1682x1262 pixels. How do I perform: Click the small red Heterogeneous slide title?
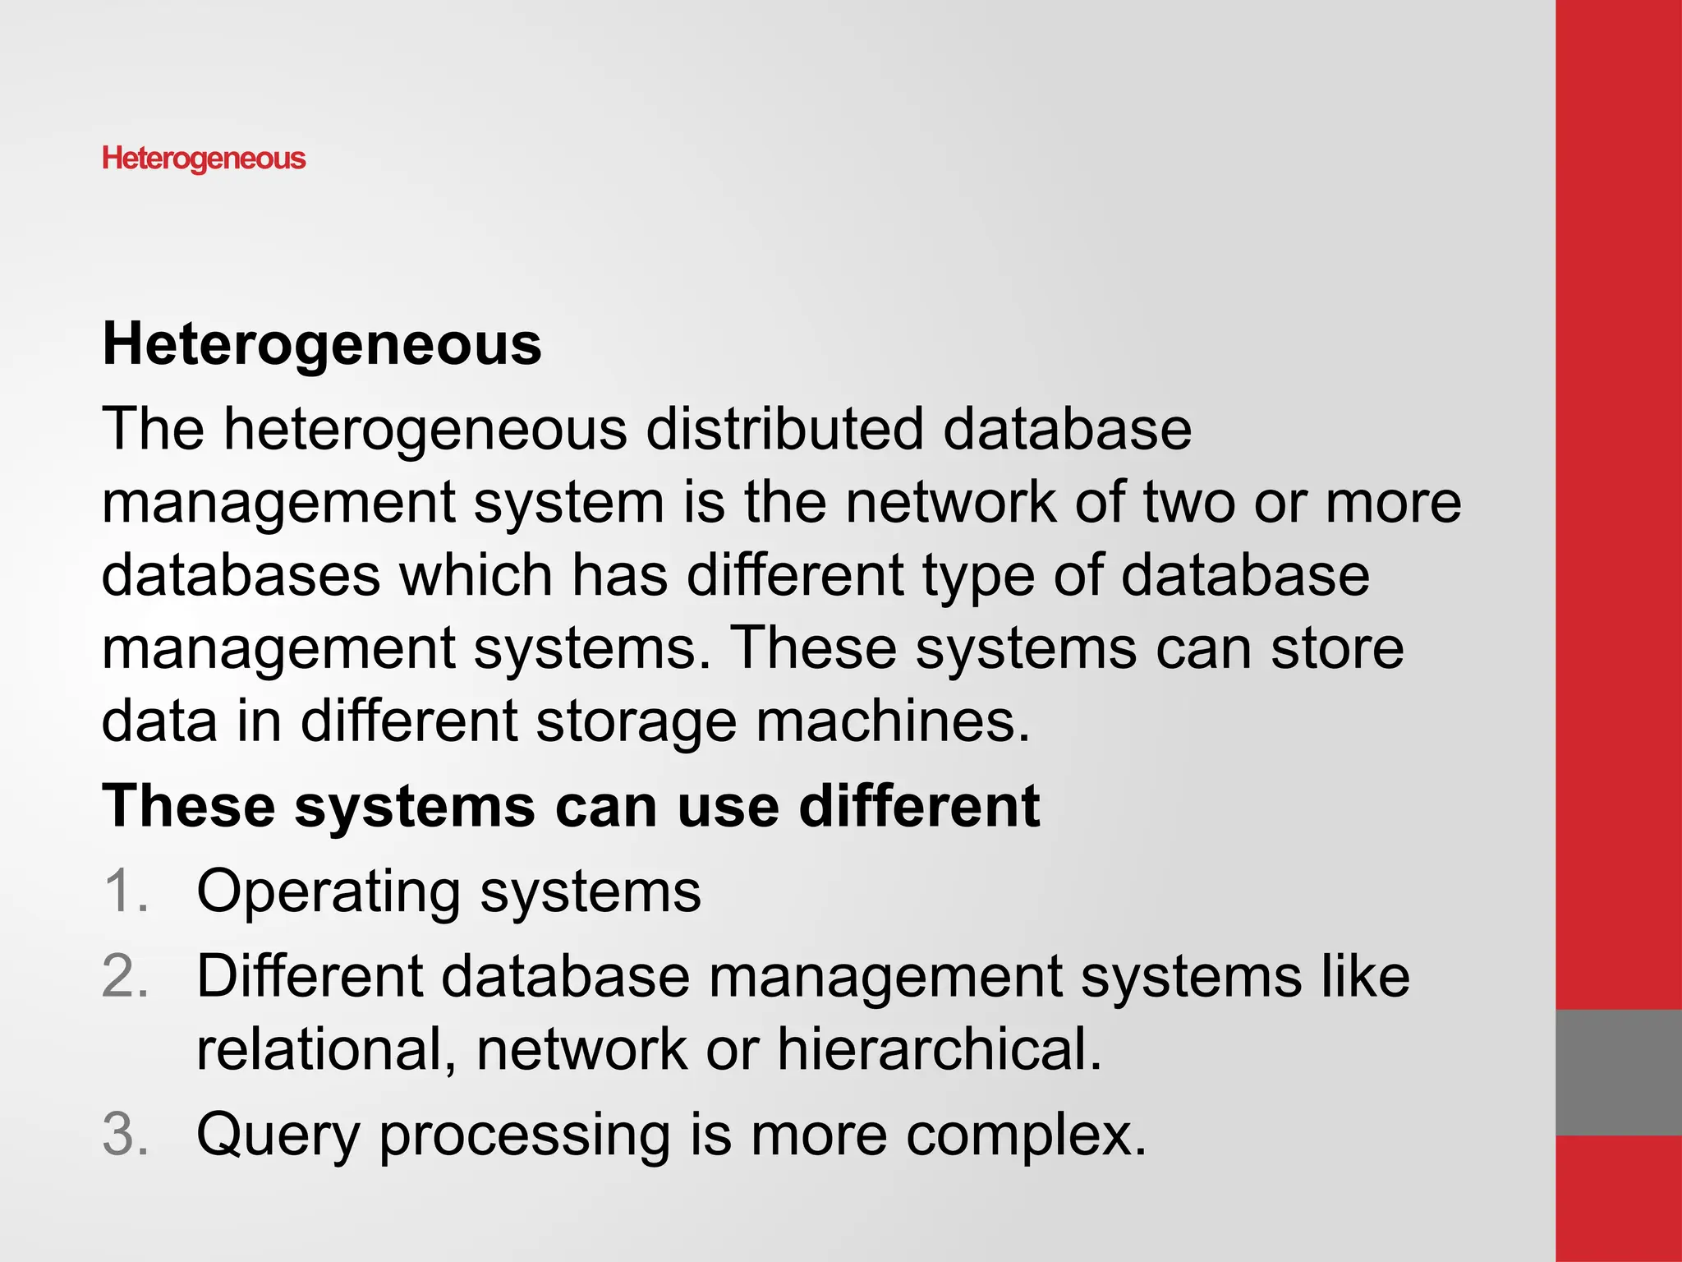pyautogui.click(x=204, y=158)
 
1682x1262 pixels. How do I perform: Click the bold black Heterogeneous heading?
pyautogui.click(x=322, y=343)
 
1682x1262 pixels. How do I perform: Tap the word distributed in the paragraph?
pyautogui.click(x=784, y=429)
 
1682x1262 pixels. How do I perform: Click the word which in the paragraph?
pyautogui.click(x=476, y=574)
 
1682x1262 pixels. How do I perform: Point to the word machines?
pyautogui.click(x=892, y=721)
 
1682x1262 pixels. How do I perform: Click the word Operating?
pyautogui.click(x=329, y=892)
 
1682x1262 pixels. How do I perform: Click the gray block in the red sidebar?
pyautogui.click(x=1618, y=1072)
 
